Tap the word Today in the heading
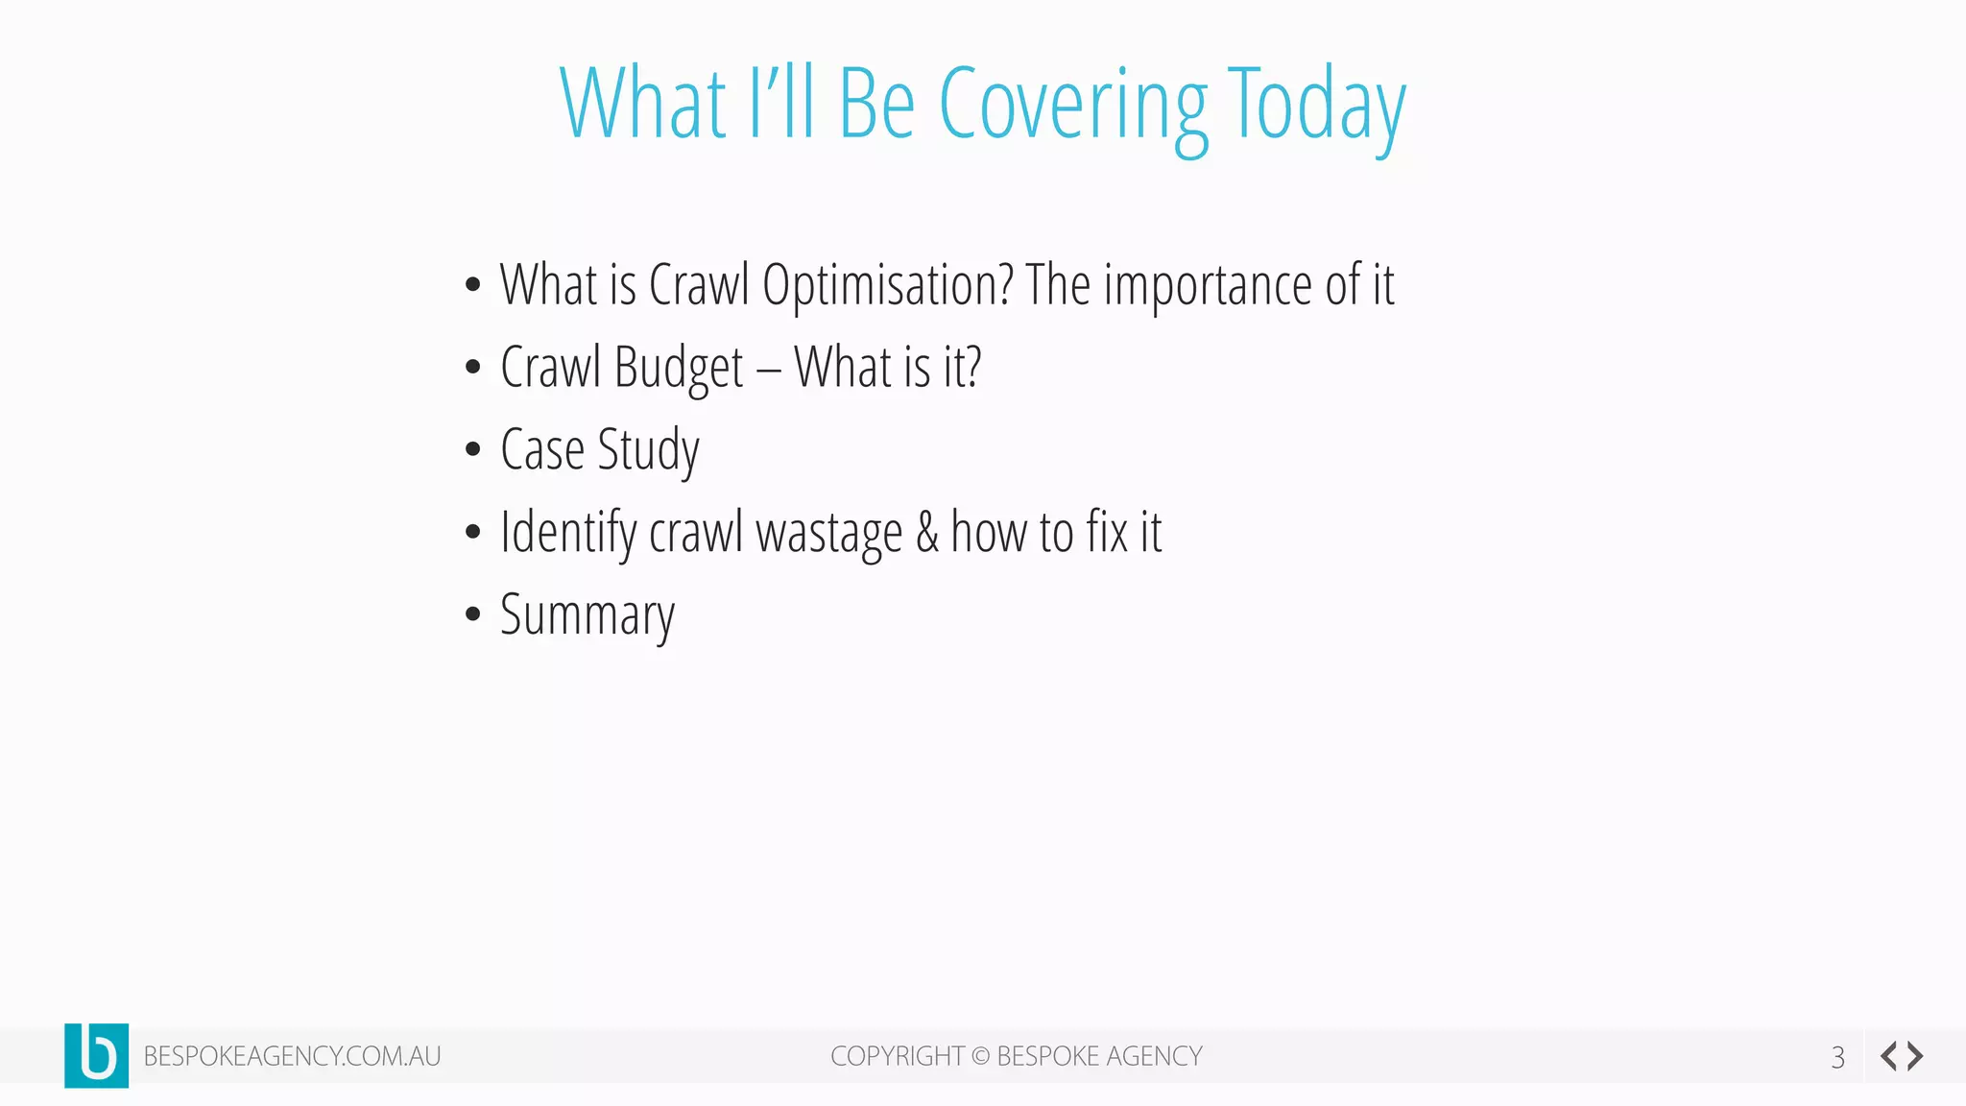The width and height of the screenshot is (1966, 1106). (1317, 106)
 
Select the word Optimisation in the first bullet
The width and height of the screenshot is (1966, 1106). (887, 285)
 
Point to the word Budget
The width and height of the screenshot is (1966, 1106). (679, 369)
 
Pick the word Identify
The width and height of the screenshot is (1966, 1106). (567, 533)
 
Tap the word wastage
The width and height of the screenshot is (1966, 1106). (828, 533)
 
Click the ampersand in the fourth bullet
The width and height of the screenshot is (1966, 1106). (927, 533)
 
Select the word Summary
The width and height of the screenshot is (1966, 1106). (587, 615)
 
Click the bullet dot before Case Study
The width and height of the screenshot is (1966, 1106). (472, 449)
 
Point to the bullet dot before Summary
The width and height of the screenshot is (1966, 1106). (472, 614)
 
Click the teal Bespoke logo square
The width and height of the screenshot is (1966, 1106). (96, 1055)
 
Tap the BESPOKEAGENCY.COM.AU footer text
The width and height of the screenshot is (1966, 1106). (292, 1056)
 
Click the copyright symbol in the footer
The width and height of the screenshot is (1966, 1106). (980, 1056)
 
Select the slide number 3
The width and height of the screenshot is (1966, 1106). (1837, 1057)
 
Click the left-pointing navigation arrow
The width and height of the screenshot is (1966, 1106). (1888, 1056)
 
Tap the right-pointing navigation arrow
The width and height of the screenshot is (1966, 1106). (1916, 1056)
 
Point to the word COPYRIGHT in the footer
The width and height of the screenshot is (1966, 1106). (897, 1056)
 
